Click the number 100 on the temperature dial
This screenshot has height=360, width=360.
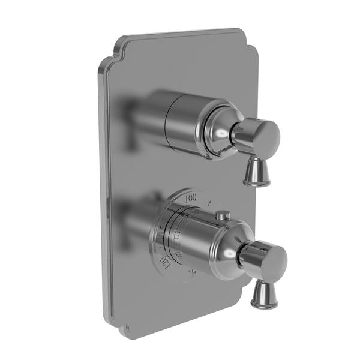(191, 197)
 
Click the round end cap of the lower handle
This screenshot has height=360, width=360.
(273, 259)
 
